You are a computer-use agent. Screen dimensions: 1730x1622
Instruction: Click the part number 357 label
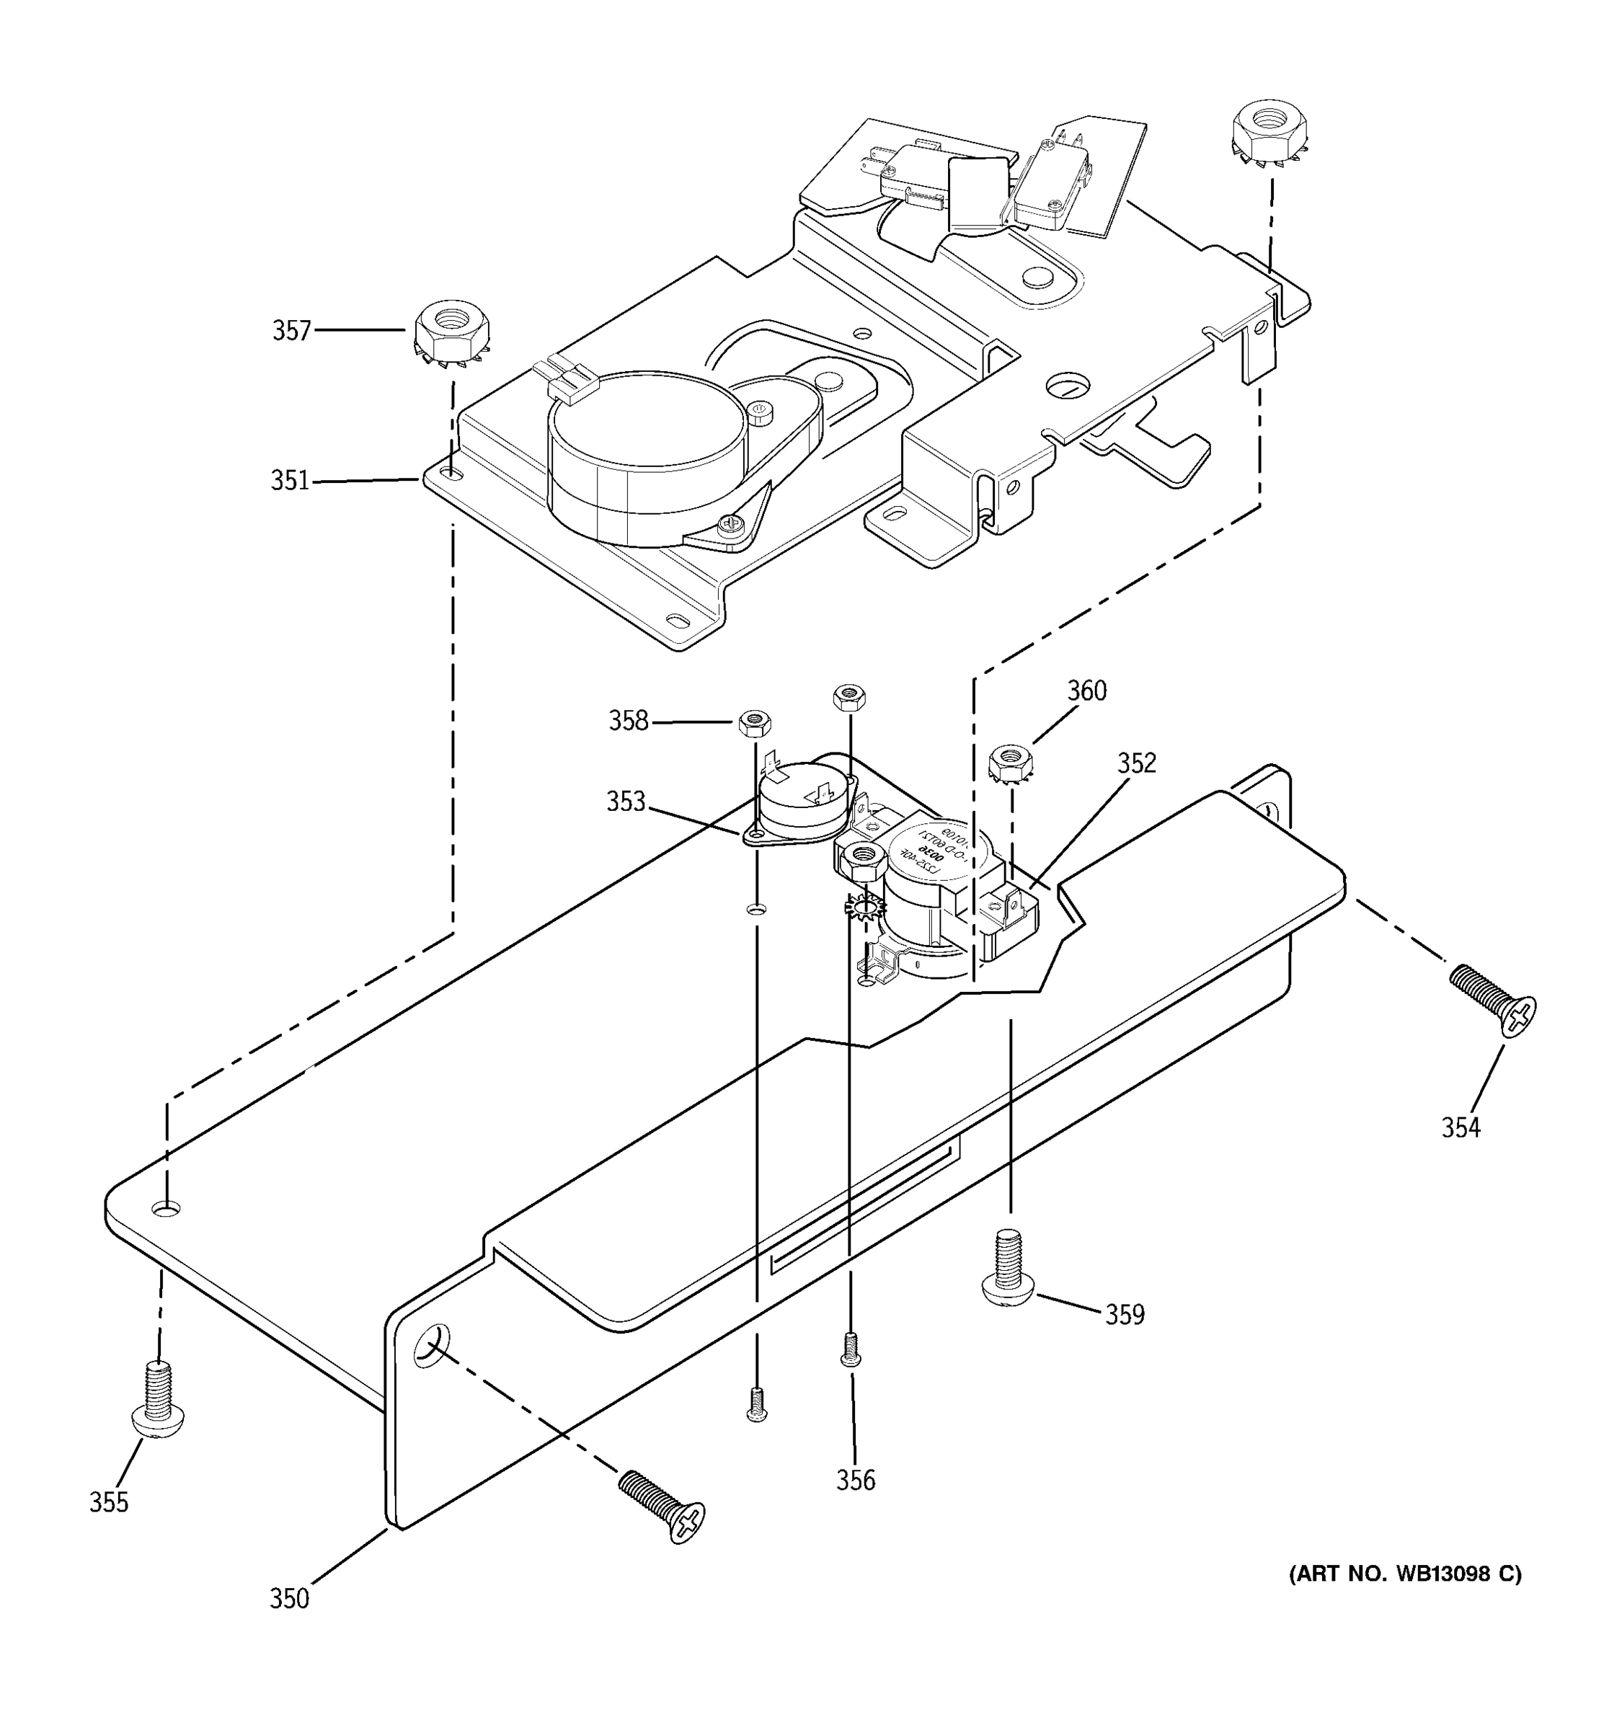[x=291, y=331]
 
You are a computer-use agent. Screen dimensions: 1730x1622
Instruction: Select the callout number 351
[x=290, y=480]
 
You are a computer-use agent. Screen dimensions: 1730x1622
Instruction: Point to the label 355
[x=109, y=1502]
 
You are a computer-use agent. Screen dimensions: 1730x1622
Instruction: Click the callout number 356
[x=856, y=1479]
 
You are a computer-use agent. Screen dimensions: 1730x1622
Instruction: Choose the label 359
[x=1125, y=1314]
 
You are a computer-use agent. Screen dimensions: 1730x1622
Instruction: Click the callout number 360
[x=1087, y=691]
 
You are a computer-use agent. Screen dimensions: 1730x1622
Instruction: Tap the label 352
[x=1136, y=763]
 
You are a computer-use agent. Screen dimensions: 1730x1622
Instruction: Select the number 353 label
[x=626, y=802]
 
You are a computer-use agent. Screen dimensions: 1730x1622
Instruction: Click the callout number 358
[x=629, y=721]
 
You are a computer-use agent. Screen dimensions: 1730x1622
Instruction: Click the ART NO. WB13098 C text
[x=1404, y=1574]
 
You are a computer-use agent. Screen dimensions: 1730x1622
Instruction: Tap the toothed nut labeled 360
[x=1010, y=763]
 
